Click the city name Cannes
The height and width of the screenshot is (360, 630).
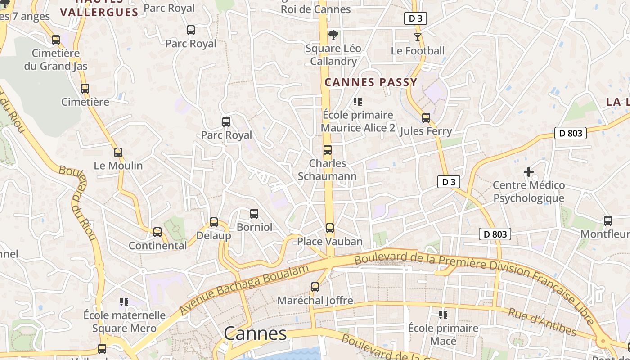point(255,333)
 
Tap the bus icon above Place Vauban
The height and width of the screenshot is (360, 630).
point(330,228)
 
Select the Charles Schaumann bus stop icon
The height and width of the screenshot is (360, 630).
point(328,150)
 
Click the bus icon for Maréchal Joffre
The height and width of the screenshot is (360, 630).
point(315,287)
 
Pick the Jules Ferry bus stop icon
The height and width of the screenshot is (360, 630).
point(426,118)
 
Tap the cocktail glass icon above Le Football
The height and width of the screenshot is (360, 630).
point(418,37)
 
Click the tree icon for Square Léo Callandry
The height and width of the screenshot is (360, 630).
point(333,35)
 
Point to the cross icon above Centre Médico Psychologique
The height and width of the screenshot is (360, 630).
point(529,172)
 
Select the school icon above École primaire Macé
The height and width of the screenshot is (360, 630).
point(443,315)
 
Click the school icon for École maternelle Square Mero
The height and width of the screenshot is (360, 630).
point(124,301)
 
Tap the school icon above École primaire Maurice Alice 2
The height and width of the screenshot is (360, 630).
point(358,102)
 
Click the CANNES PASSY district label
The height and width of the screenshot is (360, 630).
point(371,82)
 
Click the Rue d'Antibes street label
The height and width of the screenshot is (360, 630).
point(542,322)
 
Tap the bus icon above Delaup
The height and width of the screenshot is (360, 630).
point(214,222)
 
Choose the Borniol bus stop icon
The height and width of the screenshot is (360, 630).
point(254,214)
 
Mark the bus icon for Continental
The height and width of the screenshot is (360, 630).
point(157,232)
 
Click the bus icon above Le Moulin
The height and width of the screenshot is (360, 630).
point(118,153)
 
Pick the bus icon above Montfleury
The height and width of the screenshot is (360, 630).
point(608,221)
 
